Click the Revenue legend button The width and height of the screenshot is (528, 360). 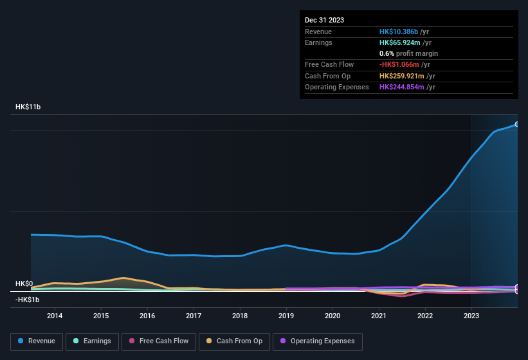(x=37, y=341)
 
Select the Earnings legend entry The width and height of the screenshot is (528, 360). (x=92, y=341)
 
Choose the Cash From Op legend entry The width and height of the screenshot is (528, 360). (x=235, y=341)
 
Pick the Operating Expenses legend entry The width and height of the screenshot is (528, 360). (x=318, y=341)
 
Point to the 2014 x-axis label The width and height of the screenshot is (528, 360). (x=55, y=316)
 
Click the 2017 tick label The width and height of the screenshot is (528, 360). (x=194, y=316)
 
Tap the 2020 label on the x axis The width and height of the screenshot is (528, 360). (x=332, y=316)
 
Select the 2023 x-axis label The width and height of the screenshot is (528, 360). (x=471, y=316)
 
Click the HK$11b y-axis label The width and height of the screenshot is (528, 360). (x=28, y=107)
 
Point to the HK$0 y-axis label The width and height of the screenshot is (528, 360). (x=24, y=283)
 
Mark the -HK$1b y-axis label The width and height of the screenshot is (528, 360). (x=27, y=300)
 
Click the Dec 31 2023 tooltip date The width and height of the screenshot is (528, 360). (x=324, y=20)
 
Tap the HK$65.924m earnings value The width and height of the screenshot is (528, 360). (x=402, y=42)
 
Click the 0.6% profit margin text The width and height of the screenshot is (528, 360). (x=408, y=53)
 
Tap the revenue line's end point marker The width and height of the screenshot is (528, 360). (x=516, y=125)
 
